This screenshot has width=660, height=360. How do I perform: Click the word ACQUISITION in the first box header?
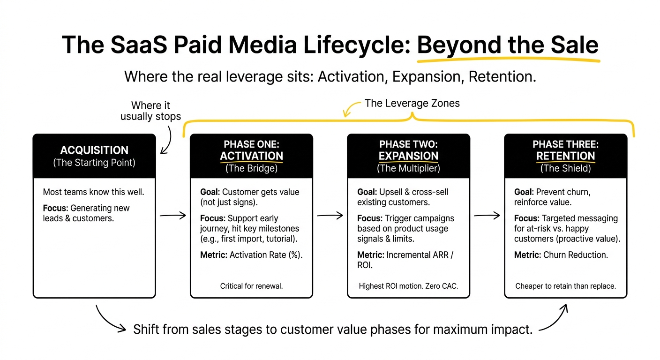94,150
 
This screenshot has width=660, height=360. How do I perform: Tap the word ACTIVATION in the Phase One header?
251,156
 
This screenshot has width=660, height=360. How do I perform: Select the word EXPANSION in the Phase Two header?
408,156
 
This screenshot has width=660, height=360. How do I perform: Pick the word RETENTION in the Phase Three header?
565,156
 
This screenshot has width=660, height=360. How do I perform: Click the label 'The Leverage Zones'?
412,104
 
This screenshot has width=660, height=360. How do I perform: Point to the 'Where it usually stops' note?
150,111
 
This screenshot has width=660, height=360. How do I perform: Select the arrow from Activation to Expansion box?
330,216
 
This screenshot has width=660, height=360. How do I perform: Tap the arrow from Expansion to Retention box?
487,216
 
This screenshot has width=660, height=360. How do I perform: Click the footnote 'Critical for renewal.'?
251,286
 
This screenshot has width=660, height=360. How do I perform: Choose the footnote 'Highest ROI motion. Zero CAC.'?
408,286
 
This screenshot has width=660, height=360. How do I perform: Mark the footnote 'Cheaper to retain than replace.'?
565,286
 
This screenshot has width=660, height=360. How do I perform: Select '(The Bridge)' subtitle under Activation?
251,168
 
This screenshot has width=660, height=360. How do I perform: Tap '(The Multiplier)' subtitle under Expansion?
408,168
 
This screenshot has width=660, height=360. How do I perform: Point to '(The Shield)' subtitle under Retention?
565,168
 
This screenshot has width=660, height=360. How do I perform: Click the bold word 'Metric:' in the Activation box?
213,255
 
